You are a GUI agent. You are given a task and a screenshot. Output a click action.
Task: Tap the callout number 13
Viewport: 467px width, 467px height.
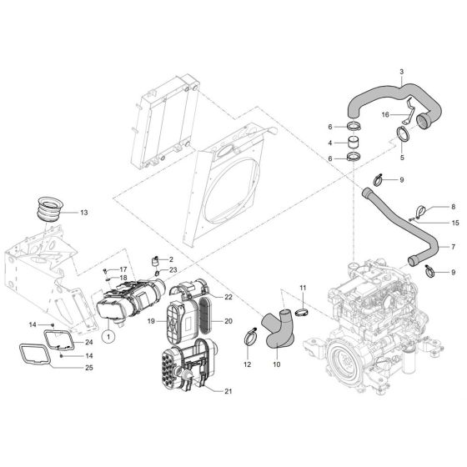pyautogui.click(x=83, y=213)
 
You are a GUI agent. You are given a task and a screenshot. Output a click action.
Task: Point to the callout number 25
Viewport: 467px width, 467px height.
pyautogui.click(x=88, y=368)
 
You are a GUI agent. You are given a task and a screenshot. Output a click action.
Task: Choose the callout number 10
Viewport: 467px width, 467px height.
pyautogui.click(x=277, y=364)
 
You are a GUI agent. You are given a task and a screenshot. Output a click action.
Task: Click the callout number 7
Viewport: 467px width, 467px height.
pyautogui.click(x=453, y=248)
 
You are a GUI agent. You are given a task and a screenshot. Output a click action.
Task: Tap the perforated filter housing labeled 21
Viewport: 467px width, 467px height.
pyautogui.click(x=181, y=369)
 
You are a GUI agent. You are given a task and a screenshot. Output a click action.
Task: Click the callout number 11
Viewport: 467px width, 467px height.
pyautogui.click(x=303, y=288)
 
